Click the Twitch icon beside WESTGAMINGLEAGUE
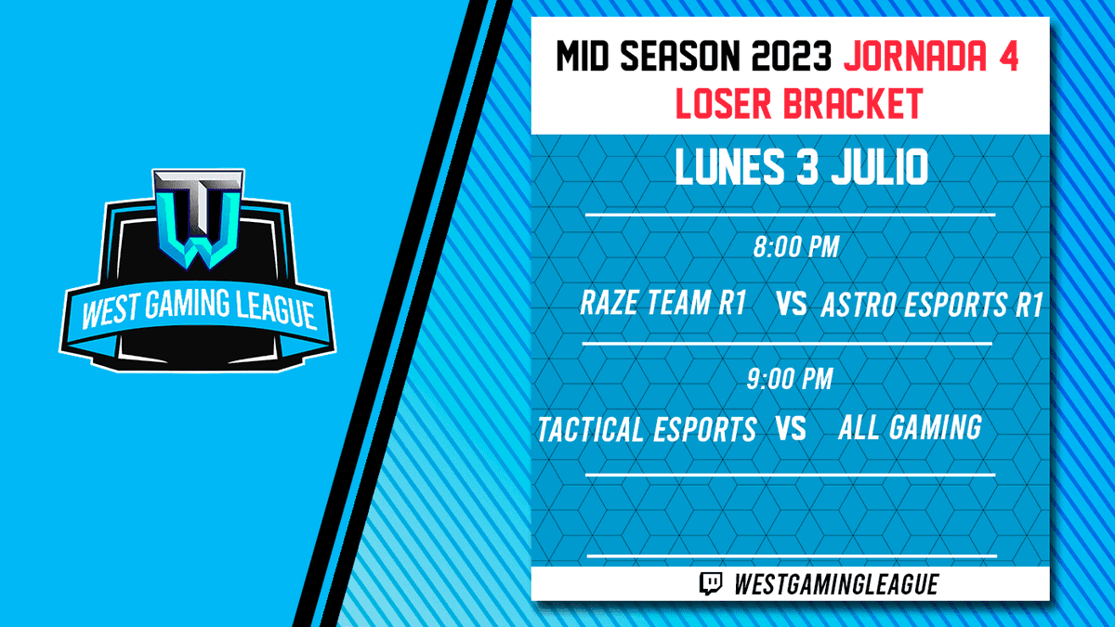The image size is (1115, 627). pyautogui.click(x=711, y=583)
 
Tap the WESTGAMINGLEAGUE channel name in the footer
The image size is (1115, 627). pyautogui.click(x=835, y=583)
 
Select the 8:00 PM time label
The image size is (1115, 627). pyautogui.click(x=795, y=248)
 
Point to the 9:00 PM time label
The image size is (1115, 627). pyautogui.click(x=789, y=379)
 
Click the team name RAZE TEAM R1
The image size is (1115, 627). pyautogui.click(x=663, y=304)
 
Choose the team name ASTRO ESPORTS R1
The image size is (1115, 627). pyautogui.click(x=932, y=306)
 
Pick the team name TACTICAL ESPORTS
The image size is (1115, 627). pyautogui.click(x=647, y=429)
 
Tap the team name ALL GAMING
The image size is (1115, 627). pyautogui.click(x=910, y=427)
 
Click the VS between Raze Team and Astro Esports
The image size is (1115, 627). pyautogui.click(x=790, y=305)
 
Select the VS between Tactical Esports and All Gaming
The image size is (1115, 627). pyautogui.click(x=790, y=429)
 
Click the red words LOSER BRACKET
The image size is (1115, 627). pyautogui.click(x=798, y=104)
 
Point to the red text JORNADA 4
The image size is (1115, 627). pyautogui.click(x=930, y=59)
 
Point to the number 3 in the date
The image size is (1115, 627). pyautogui.click(x=798, y=169)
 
